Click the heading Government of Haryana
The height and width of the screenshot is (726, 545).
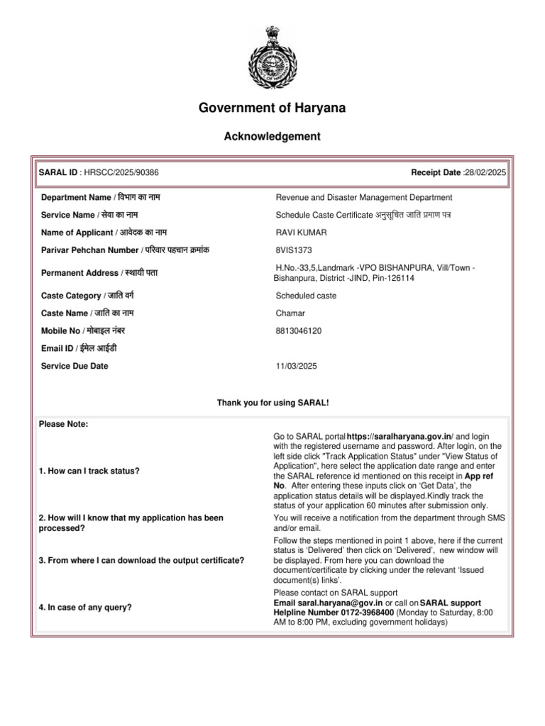point(272,108)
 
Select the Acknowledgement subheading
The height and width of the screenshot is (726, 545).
point(272,136)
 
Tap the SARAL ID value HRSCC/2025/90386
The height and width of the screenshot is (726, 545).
point(121,172)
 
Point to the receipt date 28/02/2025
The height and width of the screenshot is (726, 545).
point(485,172)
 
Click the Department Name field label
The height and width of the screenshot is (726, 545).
point(105,197)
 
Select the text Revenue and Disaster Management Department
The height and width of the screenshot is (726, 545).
point(363,198)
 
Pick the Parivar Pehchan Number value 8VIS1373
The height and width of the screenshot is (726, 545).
point(293,250)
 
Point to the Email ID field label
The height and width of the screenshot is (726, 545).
point(79,348)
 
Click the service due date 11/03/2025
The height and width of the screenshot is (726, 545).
point(297,366)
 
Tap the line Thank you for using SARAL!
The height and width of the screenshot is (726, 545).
point(272,403)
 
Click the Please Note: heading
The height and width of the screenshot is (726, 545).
point(63,424)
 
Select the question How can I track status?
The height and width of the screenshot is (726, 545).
point(89,471)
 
